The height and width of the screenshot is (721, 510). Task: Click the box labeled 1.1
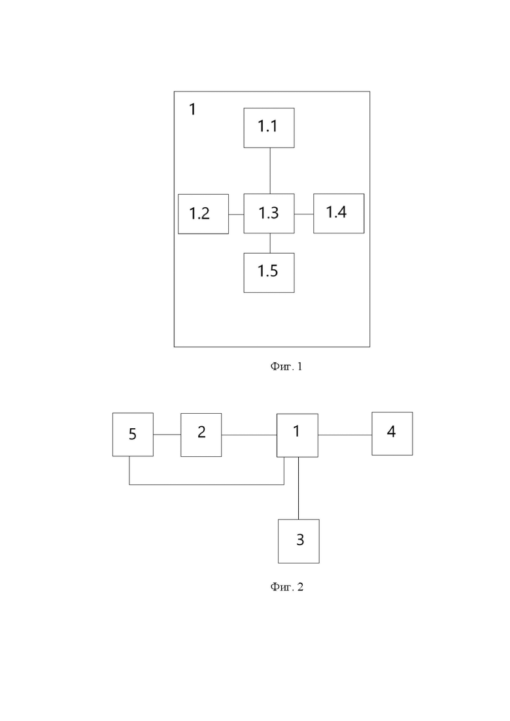(269, 128)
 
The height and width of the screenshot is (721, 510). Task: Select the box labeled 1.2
(203, 214)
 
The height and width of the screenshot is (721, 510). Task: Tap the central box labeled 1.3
(269, 213)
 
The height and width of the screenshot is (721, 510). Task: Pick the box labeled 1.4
(339, 213)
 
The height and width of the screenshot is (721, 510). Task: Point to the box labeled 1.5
(269, 273)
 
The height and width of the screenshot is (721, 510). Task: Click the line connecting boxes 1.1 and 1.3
(270, 171)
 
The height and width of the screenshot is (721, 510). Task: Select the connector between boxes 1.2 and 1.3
(236, 214)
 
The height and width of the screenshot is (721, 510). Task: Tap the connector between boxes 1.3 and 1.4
(304, 214)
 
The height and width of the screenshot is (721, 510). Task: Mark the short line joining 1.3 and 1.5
(270, 243)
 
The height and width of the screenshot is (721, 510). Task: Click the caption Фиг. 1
(286, 366)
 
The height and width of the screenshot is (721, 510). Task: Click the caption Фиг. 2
(286, 587)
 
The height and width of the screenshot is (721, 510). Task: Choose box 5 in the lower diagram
(133, 435)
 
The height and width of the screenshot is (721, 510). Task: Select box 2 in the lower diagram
(201, 435)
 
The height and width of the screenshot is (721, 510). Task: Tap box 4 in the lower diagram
(392, 433)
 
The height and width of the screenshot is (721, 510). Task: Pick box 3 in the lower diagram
(298, 541)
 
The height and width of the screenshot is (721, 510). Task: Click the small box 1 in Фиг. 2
(297, 435)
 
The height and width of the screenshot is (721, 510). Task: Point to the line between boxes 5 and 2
(167, 434)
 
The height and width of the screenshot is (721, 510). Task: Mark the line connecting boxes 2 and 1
(249, 435)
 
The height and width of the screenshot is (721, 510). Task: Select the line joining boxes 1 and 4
(345, 435)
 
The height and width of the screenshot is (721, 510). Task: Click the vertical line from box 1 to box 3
(298, 488)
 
